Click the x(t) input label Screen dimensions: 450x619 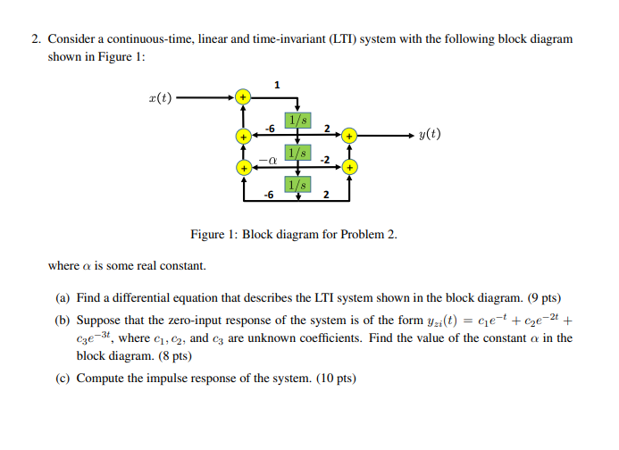point(162,96)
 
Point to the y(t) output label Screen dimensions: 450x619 point(429,136)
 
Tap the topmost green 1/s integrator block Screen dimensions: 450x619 point(297,121)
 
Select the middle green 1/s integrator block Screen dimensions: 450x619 point(297,153)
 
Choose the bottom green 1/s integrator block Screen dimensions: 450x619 point(297,184)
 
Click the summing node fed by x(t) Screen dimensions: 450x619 point(241,96)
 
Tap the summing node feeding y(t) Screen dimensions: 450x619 point(351,136)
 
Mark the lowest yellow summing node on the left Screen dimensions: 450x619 point(241,167)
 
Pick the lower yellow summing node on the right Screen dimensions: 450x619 point(351,167)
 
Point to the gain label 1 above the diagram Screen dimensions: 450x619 point(278,85)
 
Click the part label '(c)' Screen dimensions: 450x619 point(63,378)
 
